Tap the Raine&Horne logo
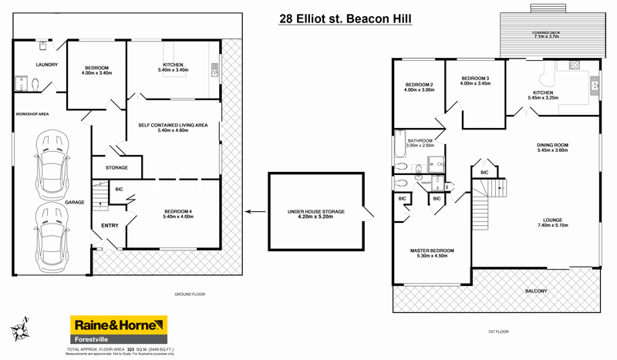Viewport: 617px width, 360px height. pos(119,330)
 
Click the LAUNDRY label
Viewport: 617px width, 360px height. pos(46,65)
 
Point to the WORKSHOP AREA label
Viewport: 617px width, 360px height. pos(32,114)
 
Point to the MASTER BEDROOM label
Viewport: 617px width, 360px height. pos(431,251)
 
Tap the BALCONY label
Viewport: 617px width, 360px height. pos(535,291)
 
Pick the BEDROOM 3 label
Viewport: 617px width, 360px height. pos(476,79)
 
